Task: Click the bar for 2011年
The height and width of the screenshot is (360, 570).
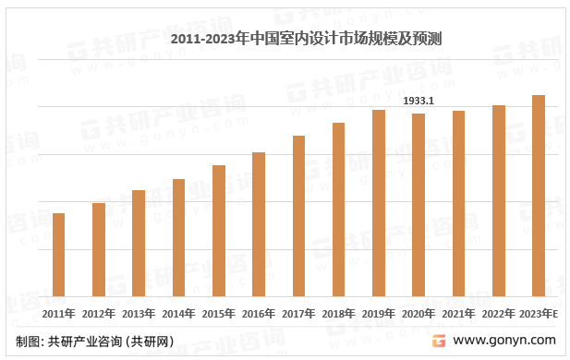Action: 59,255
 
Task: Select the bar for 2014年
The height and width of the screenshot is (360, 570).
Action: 179,237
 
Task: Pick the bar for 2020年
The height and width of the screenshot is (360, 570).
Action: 418,205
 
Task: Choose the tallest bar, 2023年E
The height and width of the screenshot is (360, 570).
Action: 539,196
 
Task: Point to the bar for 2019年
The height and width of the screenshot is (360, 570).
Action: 379,203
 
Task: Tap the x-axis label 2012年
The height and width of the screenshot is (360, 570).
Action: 99,314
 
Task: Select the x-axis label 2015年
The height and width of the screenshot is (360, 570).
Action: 219,314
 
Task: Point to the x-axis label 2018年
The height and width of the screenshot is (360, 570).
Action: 338,314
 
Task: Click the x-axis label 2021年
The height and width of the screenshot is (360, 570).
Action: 458,314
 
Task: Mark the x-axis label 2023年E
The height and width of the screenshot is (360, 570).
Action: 540,314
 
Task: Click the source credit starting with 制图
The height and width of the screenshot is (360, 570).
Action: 94,342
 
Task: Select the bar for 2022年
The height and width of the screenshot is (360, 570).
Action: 499,200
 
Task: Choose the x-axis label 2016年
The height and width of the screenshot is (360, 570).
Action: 259,314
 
